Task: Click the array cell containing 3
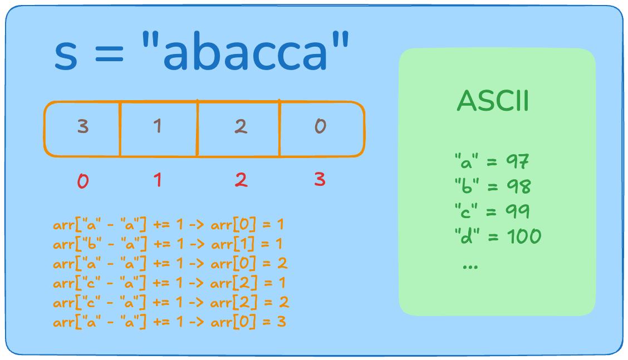[82, 129]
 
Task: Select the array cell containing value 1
[159, 129]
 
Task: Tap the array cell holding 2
[239, 129]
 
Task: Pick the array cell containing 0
[322, 129]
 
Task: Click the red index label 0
[83, 181]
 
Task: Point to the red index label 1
[158, 180]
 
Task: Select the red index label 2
[241, 180]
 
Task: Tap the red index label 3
[320, 179]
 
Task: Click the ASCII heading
[493, 101]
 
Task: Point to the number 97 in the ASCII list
[517, 161]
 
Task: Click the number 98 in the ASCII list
[519, 186]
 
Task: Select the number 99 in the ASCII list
[517, 211]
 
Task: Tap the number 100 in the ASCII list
[524, 236]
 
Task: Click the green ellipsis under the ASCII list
[470, 267]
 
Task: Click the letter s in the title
[66, 56]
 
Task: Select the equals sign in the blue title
[109, 54]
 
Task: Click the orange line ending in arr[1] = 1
[168, 244]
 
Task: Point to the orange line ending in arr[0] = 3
[169, 322]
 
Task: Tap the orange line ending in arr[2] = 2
[171, 302]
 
